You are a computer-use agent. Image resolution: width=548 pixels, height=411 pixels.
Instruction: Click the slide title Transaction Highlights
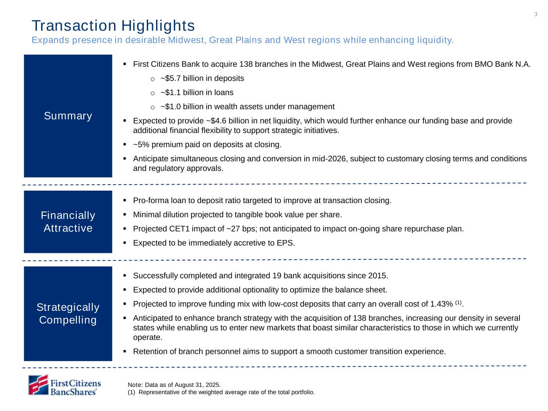[x=113, y=26]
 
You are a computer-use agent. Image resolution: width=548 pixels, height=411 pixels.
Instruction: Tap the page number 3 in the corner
[x=536, y=15]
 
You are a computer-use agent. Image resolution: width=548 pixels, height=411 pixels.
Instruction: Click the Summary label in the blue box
[x=68, y=116]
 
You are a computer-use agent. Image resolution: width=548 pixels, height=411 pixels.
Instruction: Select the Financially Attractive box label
[x=68, y=222]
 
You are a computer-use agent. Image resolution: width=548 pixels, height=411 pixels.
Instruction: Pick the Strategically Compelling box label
[x=68, y=313]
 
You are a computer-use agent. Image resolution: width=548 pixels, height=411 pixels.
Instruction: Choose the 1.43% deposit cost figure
[x=441, y=304]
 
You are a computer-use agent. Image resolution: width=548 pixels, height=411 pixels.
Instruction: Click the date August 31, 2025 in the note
[x=194, y=385]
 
